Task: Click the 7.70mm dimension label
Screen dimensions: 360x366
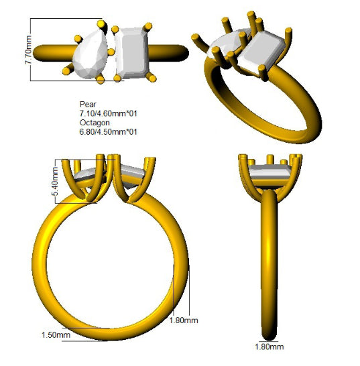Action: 28,50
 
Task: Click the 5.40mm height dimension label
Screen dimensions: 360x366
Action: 56,182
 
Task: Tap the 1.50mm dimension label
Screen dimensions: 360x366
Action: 56,335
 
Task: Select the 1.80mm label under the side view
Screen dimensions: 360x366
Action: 269,347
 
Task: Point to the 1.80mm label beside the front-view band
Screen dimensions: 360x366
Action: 184,320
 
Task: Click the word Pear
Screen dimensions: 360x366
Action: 88,104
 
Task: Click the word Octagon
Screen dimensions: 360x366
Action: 95,123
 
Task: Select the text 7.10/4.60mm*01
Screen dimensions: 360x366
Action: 109,113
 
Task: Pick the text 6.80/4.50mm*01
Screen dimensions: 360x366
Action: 109,132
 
